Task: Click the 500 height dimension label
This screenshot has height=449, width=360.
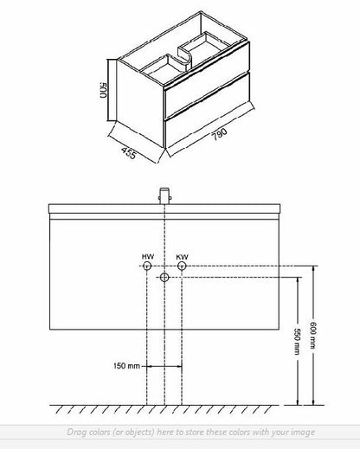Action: [103, 90]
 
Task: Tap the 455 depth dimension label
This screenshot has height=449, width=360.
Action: [128, 153]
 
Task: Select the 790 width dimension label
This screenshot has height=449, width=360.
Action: [220, 133]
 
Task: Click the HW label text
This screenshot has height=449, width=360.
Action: [148, 256]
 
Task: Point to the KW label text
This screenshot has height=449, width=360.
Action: [183, 257]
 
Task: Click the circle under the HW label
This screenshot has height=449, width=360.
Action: [147, 266]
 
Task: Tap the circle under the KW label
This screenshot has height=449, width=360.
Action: [182, 266]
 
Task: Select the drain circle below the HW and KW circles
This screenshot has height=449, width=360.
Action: [164, 278]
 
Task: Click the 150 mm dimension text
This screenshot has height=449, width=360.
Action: [126, 366]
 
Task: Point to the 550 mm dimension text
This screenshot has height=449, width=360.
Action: [297, 342]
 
